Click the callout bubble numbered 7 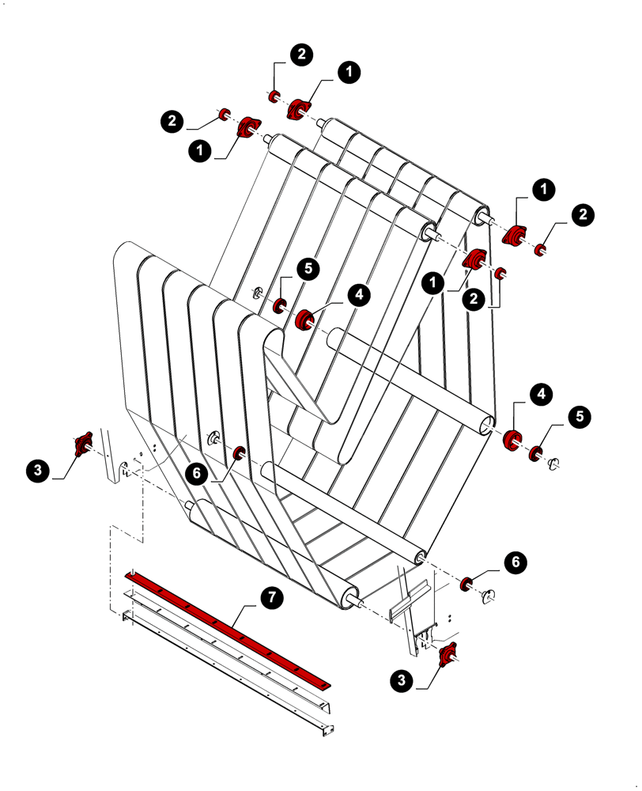pyautogui.click(x=270, y=597)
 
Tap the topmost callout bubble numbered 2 pyautogui.click(x=300, y=54)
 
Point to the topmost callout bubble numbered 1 pyautogui.click(x=348, y=72)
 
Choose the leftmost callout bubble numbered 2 pyautogui.click(x=172, y=121)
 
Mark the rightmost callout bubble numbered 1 pyautogui.click(x=543, y=188)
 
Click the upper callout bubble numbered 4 pyautogui.click(x=358, y=294)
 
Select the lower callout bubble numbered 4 pyautogui.click(x=541, y=393)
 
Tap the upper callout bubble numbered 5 pyautogui.click(x=308, y=268)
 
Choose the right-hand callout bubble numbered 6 pyautogui.click(x=515, y=562)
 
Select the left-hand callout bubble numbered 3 pyautogui.click(x=36, y=471)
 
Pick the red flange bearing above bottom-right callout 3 pyautogui.click(x=448, y=652)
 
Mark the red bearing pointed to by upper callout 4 pyautogui.click(x=305, y=320)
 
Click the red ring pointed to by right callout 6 pyautogui.click(x=466, y=584)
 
